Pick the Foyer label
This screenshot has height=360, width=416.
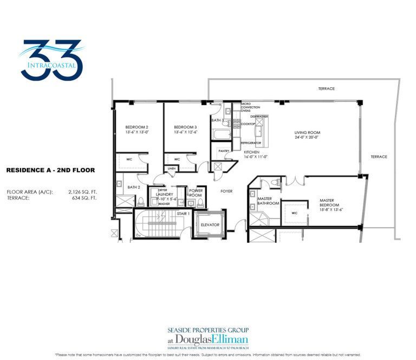point(226,191)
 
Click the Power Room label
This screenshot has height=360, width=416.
point(195,192)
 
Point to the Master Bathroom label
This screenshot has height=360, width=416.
point(268,201)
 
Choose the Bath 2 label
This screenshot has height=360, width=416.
point(134,187)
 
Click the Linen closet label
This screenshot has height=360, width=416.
point(172,169)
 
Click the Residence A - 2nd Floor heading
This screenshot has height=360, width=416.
point(50,170)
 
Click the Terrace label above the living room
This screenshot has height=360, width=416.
point(327,88)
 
